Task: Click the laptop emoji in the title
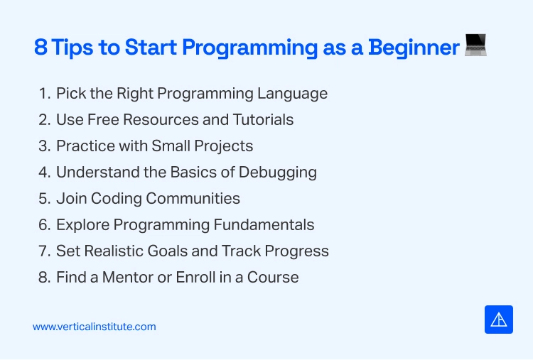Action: (475, 45)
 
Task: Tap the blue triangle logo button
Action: (499, 320)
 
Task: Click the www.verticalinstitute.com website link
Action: (94, 327)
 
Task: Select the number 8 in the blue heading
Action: (41, 47)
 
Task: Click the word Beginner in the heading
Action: (414, 48)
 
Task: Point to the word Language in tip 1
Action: (292, 94)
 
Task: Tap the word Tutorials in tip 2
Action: (263, 119)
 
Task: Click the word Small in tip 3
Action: (171, 146)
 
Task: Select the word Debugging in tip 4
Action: (277, 173)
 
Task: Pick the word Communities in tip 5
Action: (193, 198)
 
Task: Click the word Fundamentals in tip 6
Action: (264, 224)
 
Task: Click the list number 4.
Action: (45, 172)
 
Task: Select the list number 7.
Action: (45, 251)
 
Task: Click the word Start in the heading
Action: (151, 47)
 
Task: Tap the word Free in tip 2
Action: (103, 119)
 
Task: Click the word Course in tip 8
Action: (273, 277)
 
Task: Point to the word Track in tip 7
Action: (242, 251)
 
